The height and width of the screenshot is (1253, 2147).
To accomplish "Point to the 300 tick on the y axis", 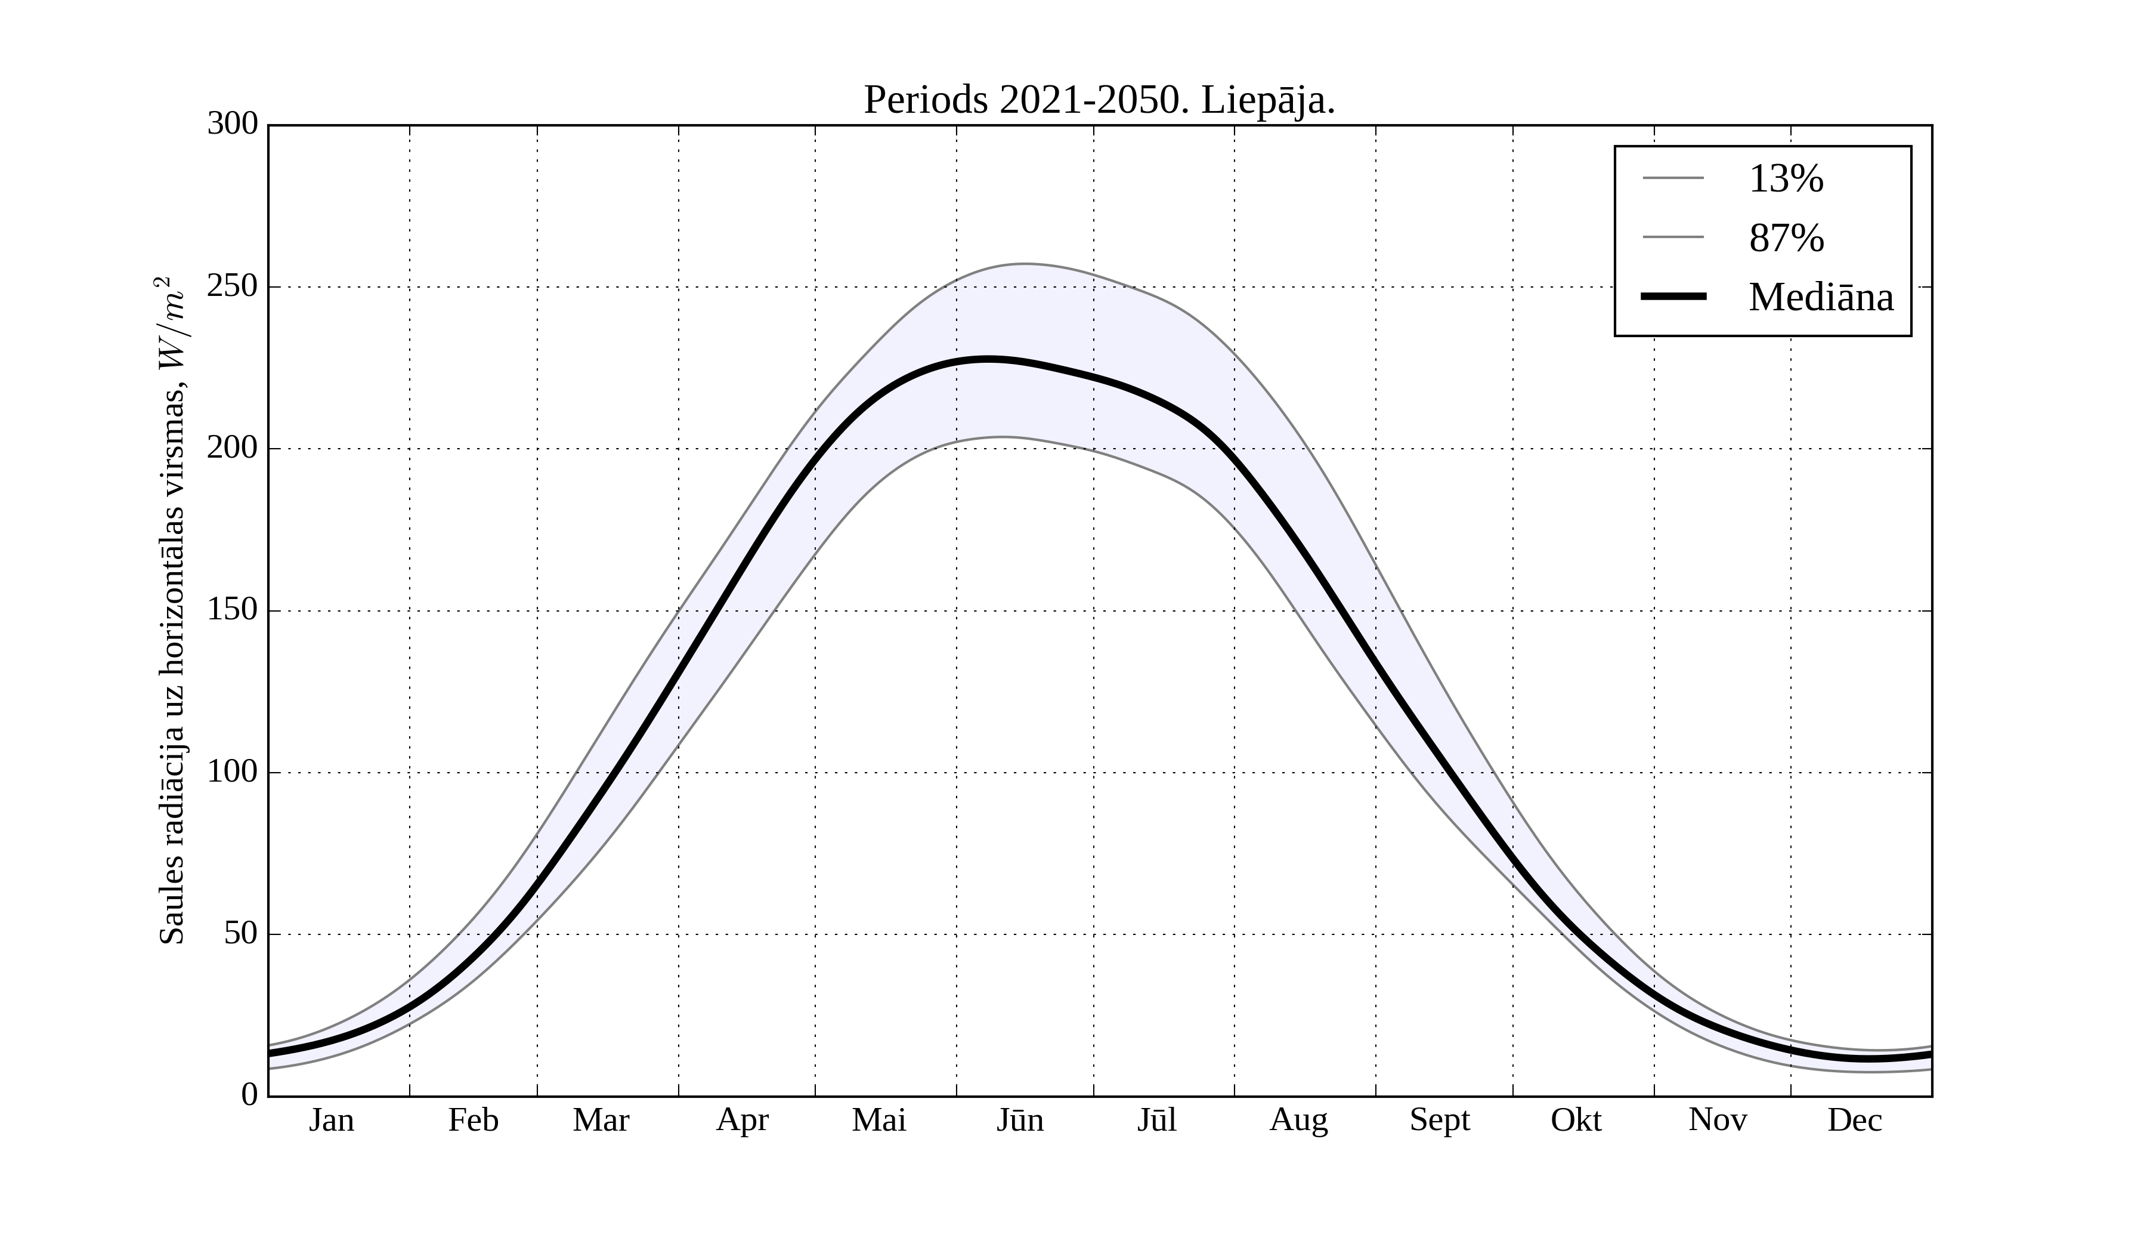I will click(x=233, y=125).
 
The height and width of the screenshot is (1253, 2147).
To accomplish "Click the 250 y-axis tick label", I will click(x=233, y=286).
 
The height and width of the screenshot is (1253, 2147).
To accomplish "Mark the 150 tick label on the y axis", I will click(x=233, y=610).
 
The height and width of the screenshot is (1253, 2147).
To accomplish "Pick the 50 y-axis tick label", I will click(x=241, y=934).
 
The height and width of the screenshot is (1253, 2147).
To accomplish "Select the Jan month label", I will click(x=332, y=1120).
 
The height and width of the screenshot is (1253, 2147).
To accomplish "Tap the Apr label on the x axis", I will click(x=742, y=1120).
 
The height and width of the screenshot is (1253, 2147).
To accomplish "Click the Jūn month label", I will click(x=1020, y=1120).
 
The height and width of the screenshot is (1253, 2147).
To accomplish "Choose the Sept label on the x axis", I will click(x=1440, y=1120).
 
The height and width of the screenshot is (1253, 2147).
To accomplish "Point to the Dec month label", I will click(x=1855, y=1120).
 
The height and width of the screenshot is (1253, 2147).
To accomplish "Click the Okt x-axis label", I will click(x=1576, y=1120).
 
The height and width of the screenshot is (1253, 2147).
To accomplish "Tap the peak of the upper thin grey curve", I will click(x=1025, y=264).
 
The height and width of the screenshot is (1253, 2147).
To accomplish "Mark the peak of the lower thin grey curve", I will click(x=1006, y=437).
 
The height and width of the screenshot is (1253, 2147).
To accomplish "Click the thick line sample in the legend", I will click(x=1673, y=297).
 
